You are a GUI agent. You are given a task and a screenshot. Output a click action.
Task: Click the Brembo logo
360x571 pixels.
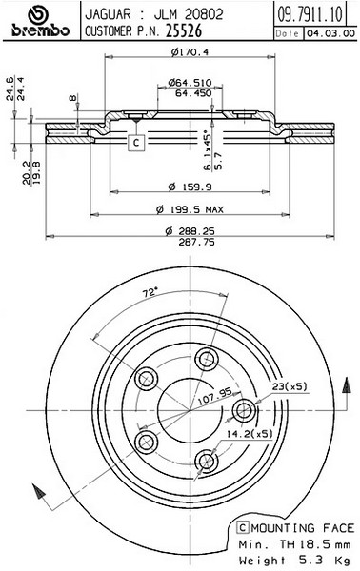(x=40, y=22)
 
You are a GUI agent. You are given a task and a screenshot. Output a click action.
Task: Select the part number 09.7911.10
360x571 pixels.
(x=310, y=14)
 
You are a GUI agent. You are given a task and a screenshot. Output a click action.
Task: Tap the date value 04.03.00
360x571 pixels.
(x=330, y=33)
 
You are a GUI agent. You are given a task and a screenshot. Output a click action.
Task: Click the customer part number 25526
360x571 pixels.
(x=184, y=31)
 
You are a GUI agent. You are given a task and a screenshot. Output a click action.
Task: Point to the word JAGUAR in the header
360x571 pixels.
(x=108, y=14)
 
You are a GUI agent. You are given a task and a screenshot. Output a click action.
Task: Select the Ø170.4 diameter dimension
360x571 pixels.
(x=190, y=52)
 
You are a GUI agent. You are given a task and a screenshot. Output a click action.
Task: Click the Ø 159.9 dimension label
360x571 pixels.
(x=190, y=187)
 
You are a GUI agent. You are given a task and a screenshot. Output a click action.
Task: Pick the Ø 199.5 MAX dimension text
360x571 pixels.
(x=190, y=209)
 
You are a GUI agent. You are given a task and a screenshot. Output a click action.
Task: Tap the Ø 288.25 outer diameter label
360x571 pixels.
(x=190, y=230)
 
